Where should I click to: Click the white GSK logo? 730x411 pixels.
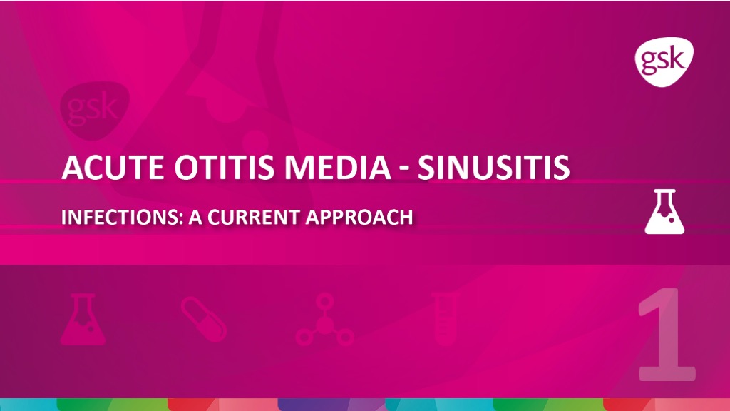pyautogui.click(x=664, y=61)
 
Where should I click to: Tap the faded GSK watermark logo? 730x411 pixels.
pyautogui.click(x=95, y=111)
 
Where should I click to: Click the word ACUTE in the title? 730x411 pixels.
pyautogui.click(x=113, y=167)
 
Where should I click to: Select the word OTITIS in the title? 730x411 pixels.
pyautogui.click(x=225, y=167)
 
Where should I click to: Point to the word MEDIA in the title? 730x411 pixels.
pyautogui.click(x=338, y=167)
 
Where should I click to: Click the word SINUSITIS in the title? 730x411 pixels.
pyautogui.click(x=493, y=167)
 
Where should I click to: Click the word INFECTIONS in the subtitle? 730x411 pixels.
pyautogui.click(x=122, y=217)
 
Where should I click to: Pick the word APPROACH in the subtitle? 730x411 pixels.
pyautogui.click(x=359, y=217)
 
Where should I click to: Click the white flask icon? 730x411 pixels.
pyautogui.click(x=664, y=211)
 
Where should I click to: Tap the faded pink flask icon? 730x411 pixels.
pyautogui.click(x=83, y=319)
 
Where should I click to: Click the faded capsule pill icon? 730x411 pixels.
pyautogui.click(x=204, y=319)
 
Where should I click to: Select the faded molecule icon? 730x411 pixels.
pyautogui.click(x=324, y=320)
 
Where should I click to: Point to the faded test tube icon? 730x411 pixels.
pyautogui.click(x=446, y=319)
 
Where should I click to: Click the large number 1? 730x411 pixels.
pyautogui.click(x=667, y=334)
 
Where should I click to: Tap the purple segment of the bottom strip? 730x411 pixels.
pyautogui.click(x=313, y=405)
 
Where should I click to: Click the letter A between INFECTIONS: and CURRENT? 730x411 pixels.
pyautogui.click(x=195, y=217)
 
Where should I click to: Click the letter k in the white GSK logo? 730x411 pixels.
pyautogui.click(x=677, y=59)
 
